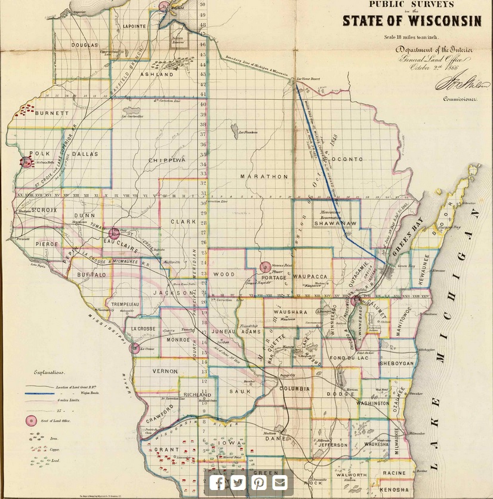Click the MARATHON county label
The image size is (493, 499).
pos(264,177)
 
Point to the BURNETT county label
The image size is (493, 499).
pos(48,113)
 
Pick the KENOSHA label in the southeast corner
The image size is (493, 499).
pos(395,489)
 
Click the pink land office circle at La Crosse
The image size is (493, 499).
pos(135,348)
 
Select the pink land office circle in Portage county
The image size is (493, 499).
pos(265,268)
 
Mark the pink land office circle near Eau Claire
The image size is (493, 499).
pos(114,233)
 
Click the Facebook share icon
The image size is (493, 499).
pos(217,482)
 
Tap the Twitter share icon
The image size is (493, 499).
pos(238,482)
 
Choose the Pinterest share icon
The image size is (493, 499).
pos(259,482)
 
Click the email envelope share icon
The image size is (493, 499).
pos(280,482)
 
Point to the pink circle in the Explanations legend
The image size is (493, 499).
pos(31,421)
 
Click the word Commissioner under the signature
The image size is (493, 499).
pos(459,99)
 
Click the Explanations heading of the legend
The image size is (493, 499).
pos(50,372)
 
